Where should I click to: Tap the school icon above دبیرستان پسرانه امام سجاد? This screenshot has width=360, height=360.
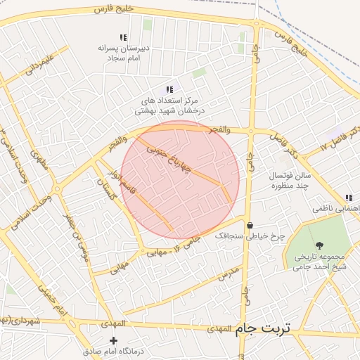coord(123,37)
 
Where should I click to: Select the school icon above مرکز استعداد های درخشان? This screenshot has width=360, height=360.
coord(169,89)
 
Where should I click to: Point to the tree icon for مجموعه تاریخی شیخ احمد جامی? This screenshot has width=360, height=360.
coord(320,245)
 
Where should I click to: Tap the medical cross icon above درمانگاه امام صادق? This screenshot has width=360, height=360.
coord(114,340)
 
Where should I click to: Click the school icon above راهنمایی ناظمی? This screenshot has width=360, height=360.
coord(348,198)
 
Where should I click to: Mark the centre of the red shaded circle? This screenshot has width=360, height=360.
coord(179,180)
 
